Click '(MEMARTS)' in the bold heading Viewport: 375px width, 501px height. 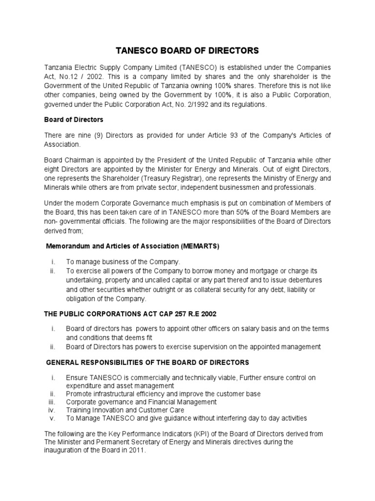[200, 246]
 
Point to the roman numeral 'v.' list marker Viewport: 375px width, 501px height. [53, 418]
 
